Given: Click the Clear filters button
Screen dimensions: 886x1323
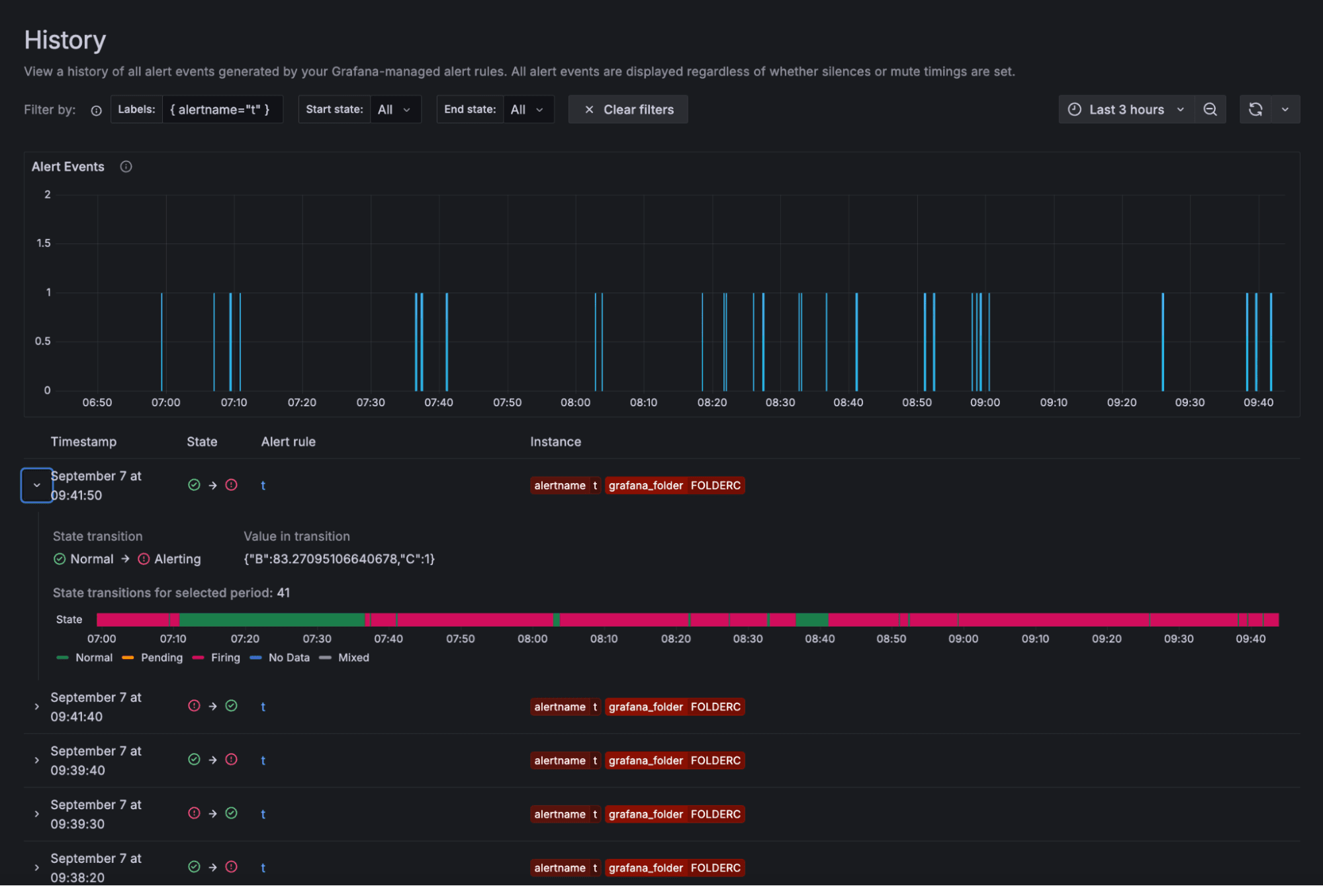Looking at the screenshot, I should pos(628,110).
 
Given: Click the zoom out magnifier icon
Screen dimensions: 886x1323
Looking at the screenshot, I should pos(1210,110).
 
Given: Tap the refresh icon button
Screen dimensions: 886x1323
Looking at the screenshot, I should pos(1255,110).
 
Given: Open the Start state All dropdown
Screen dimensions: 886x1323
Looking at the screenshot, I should pos(394,110).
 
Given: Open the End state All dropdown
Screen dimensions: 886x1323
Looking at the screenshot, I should pos(527,110).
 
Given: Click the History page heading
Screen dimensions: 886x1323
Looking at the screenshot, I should pos(65,40).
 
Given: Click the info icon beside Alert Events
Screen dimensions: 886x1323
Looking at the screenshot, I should pos(126,167).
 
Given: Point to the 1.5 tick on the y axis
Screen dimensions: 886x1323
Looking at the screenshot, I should pos(44,244).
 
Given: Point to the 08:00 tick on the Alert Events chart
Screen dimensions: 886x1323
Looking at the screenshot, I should pos(575,402).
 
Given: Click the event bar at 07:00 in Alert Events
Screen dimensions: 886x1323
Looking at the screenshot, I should pos(161,341).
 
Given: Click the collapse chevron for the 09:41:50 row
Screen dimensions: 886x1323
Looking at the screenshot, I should pos(37,486).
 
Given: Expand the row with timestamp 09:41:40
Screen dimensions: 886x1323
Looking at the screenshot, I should pos(37,707).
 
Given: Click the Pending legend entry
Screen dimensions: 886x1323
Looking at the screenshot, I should pos(161,658).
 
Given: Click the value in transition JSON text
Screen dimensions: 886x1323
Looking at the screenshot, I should pos(339,559).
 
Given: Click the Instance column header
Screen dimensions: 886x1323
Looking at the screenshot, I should pos(555,442).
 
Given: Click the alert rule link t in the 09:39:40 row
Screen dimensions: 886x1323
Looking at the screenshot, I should pos(263,761).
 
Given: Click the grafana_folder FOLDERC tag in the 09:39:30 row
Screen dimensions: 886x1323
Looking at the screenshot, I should pos(674,815).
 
